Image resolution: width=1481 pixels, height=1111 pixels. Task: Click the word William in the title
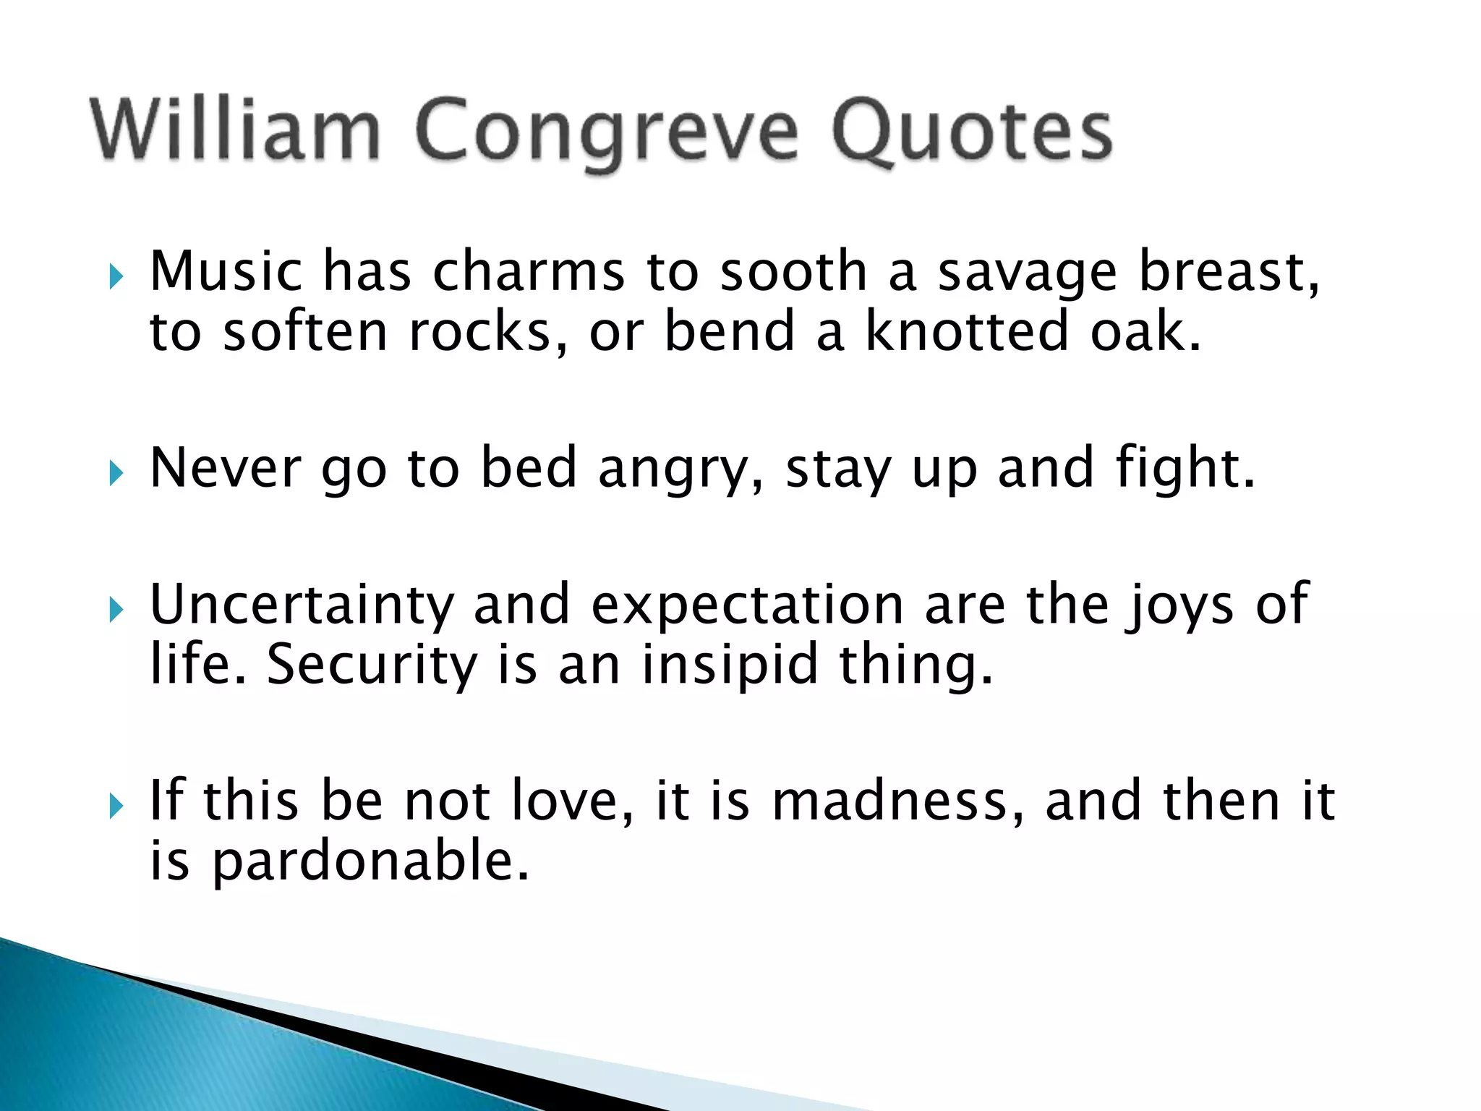[x=235, y=130]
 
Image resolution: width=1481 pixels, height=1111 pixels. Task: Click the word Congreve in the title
[x=607, y=134]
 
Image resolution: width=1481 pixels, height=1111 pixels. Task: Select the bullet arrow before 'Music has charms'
[x=116, y=276]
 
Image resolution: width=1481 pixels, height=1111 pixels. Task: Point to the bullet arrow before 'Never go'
[x=116, y=474]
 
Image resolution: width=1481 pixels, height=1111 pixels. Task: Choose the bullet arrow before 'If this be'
[x=116, y=806]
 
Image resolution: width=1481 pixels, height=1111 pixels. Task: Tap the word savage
[x=1027, y=273]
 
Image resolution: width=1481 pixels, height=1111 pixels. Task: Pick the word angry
[x=680, y=470]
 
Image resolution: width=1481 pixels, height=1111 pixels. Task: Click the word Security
[x=372, y=665]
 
